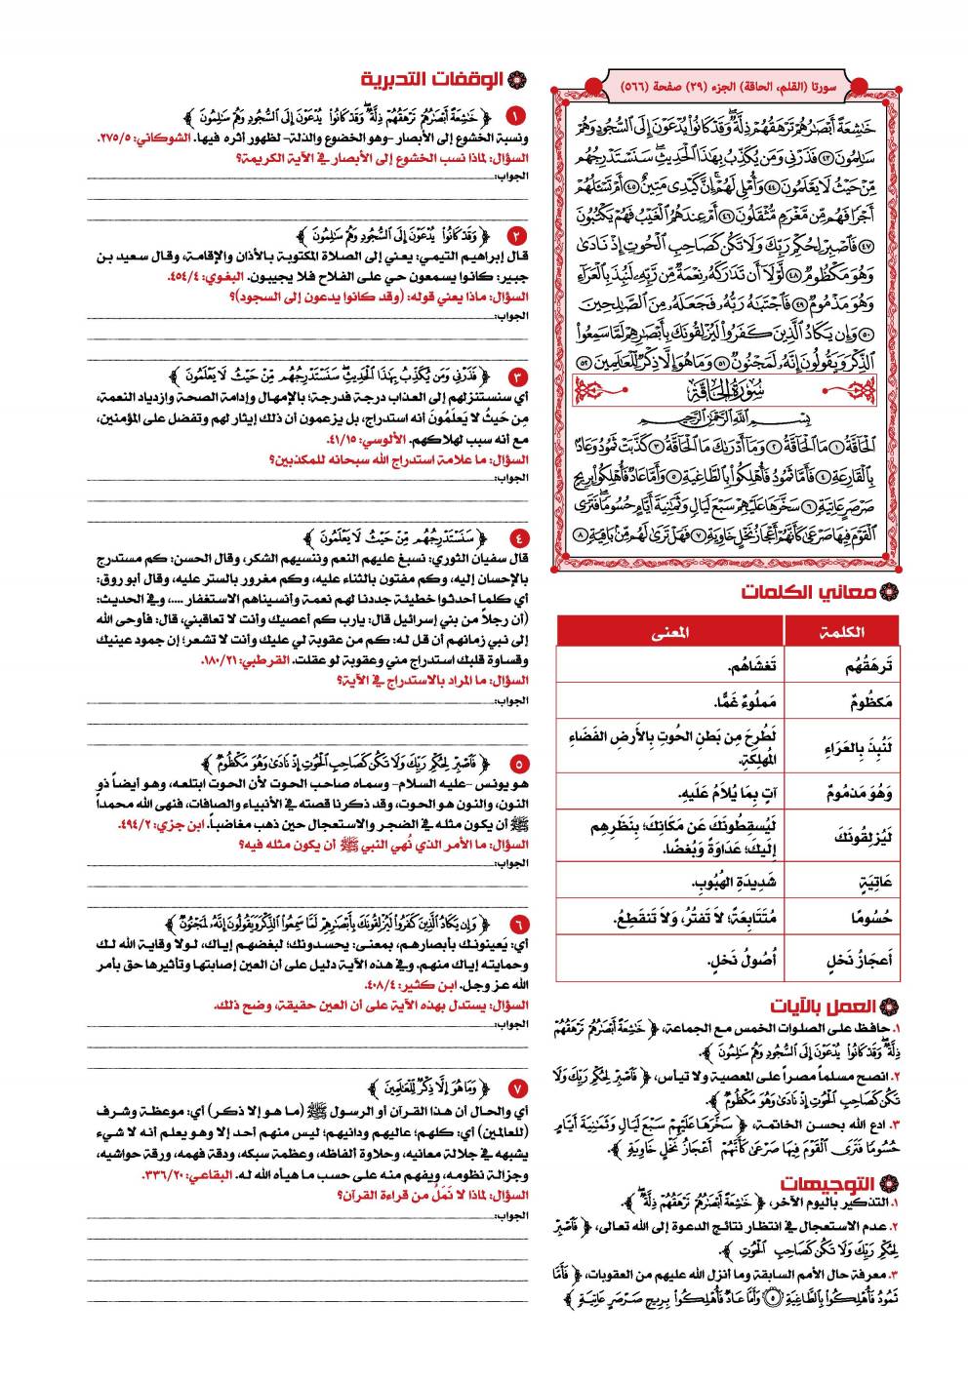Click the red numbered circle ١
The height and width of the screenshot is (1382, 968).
coord(517,115)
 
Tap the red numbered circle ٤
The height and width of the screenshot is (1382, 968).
coord(517,536)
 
